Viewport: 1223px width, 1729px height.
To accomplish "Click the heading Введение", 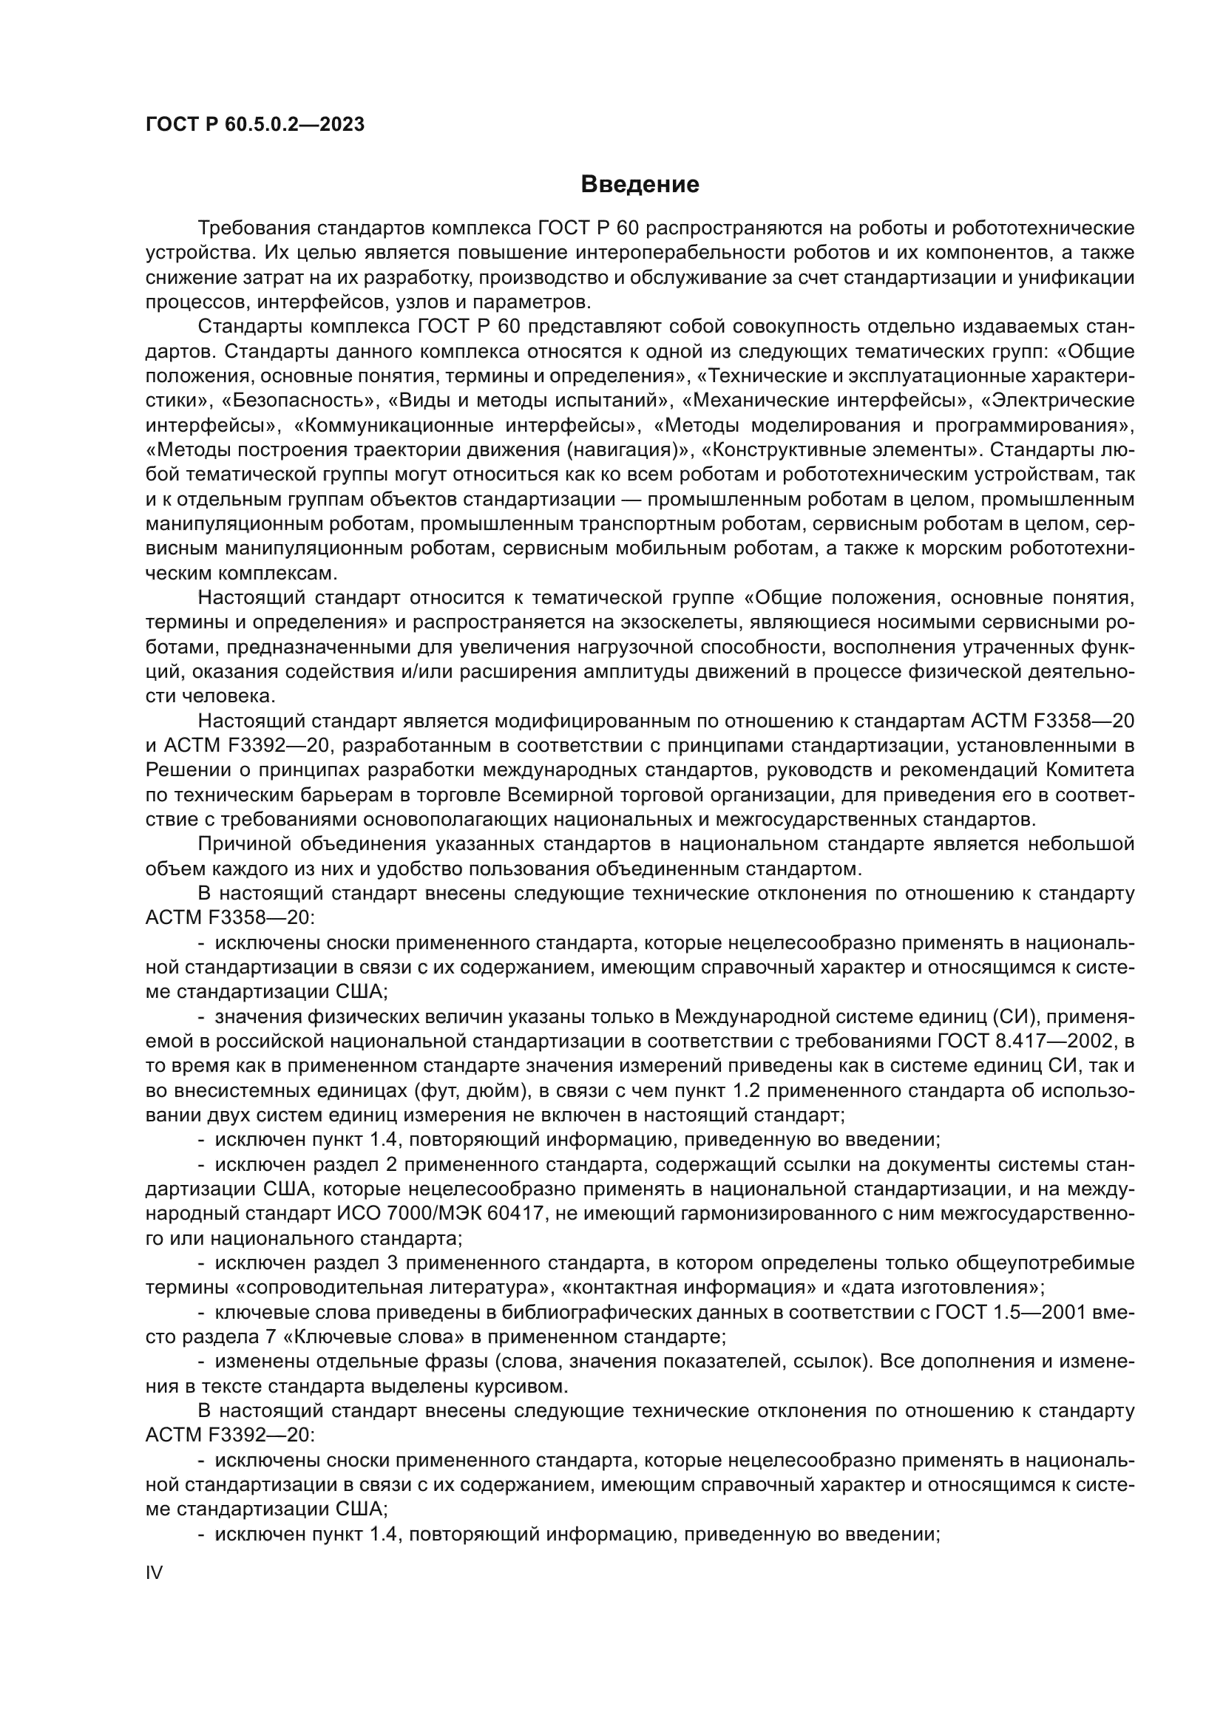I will pos(640,185).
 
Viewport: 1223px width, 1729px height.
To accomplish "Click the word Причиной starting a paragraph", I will pos(243,844).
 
